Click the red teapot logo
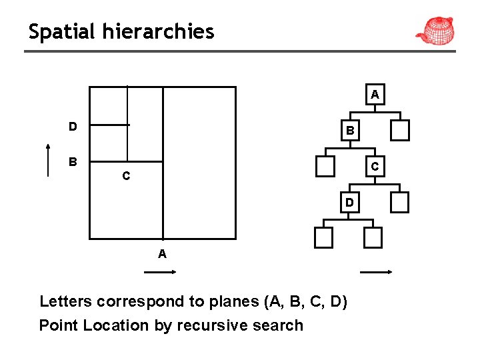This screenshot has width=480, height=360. pyautogui.click(x=436, y=29)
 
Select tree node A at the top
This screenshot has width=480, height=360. pyautogui.click(x=375, y=95)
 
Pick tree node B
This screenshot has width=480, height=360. pyautogui.click(x=349, y=131)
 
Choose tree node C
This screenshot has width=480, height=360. pyautogui.click(x=375, y=167)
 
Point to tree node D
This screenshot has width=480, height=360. pyautogui.click(x=349, y=202)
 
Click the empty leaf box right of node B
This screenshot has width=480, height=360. pyautogui.click(x=400, y=131)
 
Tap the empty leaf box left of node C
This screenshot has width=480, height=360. pyautogui.click(x=325, y=167)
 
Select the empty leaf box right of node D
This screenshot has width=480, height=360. pyautogui.click(x=400, y=202)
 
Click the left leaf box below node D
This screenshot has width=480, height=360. pyautogui.click(x=323, y=237)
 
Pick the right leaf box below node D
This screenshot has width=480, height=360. pyautogui.click(x=373, y=237)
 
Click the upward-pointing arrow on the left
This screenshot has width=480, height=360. pyautogui.click(x=48, y=160)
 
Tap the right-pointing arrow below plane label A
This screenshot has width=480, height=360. pyautogui.click(x=160, y=272)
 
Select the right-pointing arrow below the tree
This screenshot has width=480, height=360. pyautogui.click(x=375, y=272)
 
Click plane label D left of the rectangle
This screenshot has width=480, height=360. pyautogui.click(x=72, y=126)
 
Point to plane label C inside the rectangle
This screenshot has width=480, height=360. pyautogui.click(x=125, y=177)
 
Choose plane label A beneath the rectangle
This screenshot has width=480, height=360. pyautogui.click(x=162, y=254)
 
